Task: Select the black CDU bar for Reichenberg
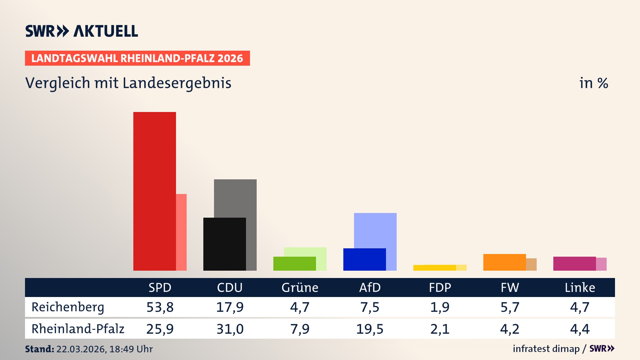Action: [x=224, y=244]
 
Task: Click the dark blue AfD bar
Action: [x=364, y=259]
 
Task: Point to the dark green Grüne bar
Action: [x=294, y=263]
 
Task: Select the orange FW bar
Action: [x=504, y=262]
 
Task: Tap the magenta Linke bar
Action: [x=574, y=263]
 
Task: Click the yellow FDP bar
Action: [x=434, y=268]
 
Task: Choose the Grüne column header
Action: [x=300, y=287]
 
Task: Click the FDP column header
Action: [x=440, y=287]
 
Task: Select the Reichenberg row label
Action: [x=68, y=307]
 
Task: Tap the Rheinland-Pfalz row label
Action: [x=78, y=329]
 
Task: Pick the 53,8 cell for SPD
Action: [x=160, y=307]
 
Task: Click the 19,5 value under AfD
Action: [x=370, y=329]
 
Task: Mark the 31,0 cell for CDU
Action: [x=230, y=329]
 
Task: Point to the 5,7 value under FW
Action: [x=510, y=307]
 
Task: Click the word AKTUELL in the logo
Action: [x=106, y=31]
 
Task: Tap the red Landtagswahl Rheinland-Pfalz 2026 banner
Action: [x=137, y=58]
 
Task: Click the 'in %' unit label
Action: [x=593, y=83]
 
